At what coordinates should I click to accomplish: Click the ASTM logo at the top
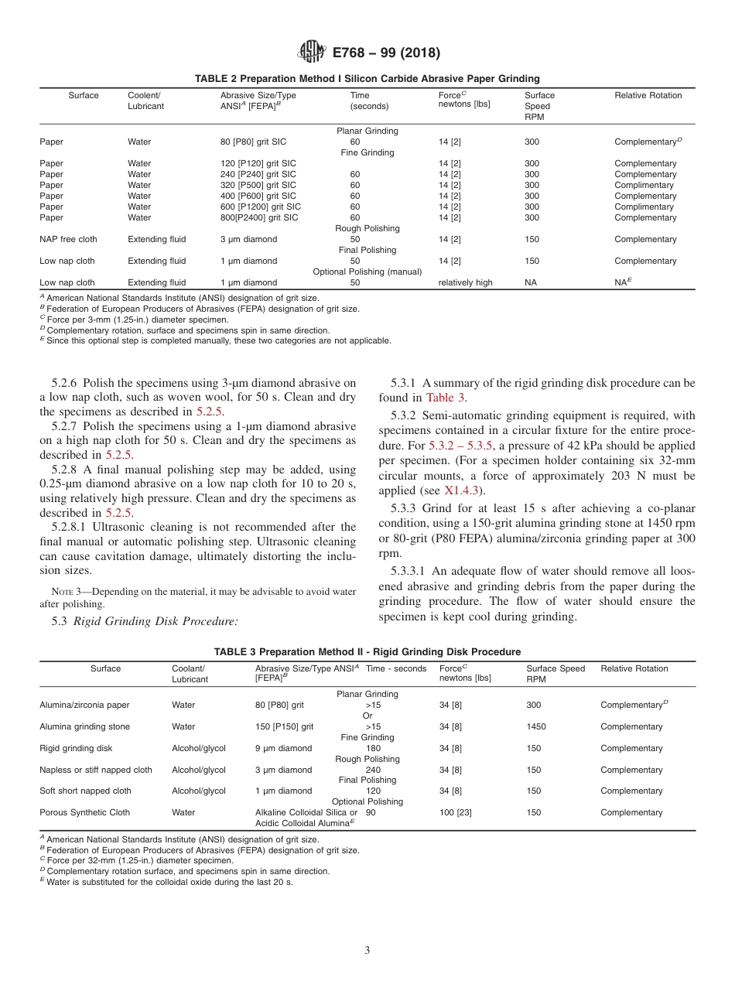point(312,53)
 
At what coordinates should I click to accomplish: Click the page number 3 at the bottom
point(367,950)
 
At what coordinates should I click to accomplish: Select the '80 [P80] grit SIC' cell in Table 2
point(258,142)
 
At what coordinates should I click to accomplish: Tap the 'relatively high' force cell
point(465,283)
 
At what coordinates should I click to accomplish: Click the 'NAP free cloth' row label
point(68,240)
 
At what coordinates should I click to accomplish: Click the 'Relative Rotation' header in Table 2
point(648,96)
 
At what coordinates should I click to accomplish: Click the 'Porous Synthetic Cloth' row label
point(84,813)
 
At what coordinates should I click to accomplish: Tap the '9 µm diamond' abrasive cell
point(283,749)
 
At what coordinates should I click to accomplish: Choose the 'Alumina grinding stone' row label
point(84,727)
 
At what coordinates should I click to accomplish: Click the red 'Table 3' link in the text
point(445,398)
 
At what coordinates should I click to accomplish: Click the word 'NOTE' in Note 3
point(62,593)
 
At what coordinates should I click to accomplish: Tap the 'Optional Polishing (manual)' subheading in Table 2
point(367,272)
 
